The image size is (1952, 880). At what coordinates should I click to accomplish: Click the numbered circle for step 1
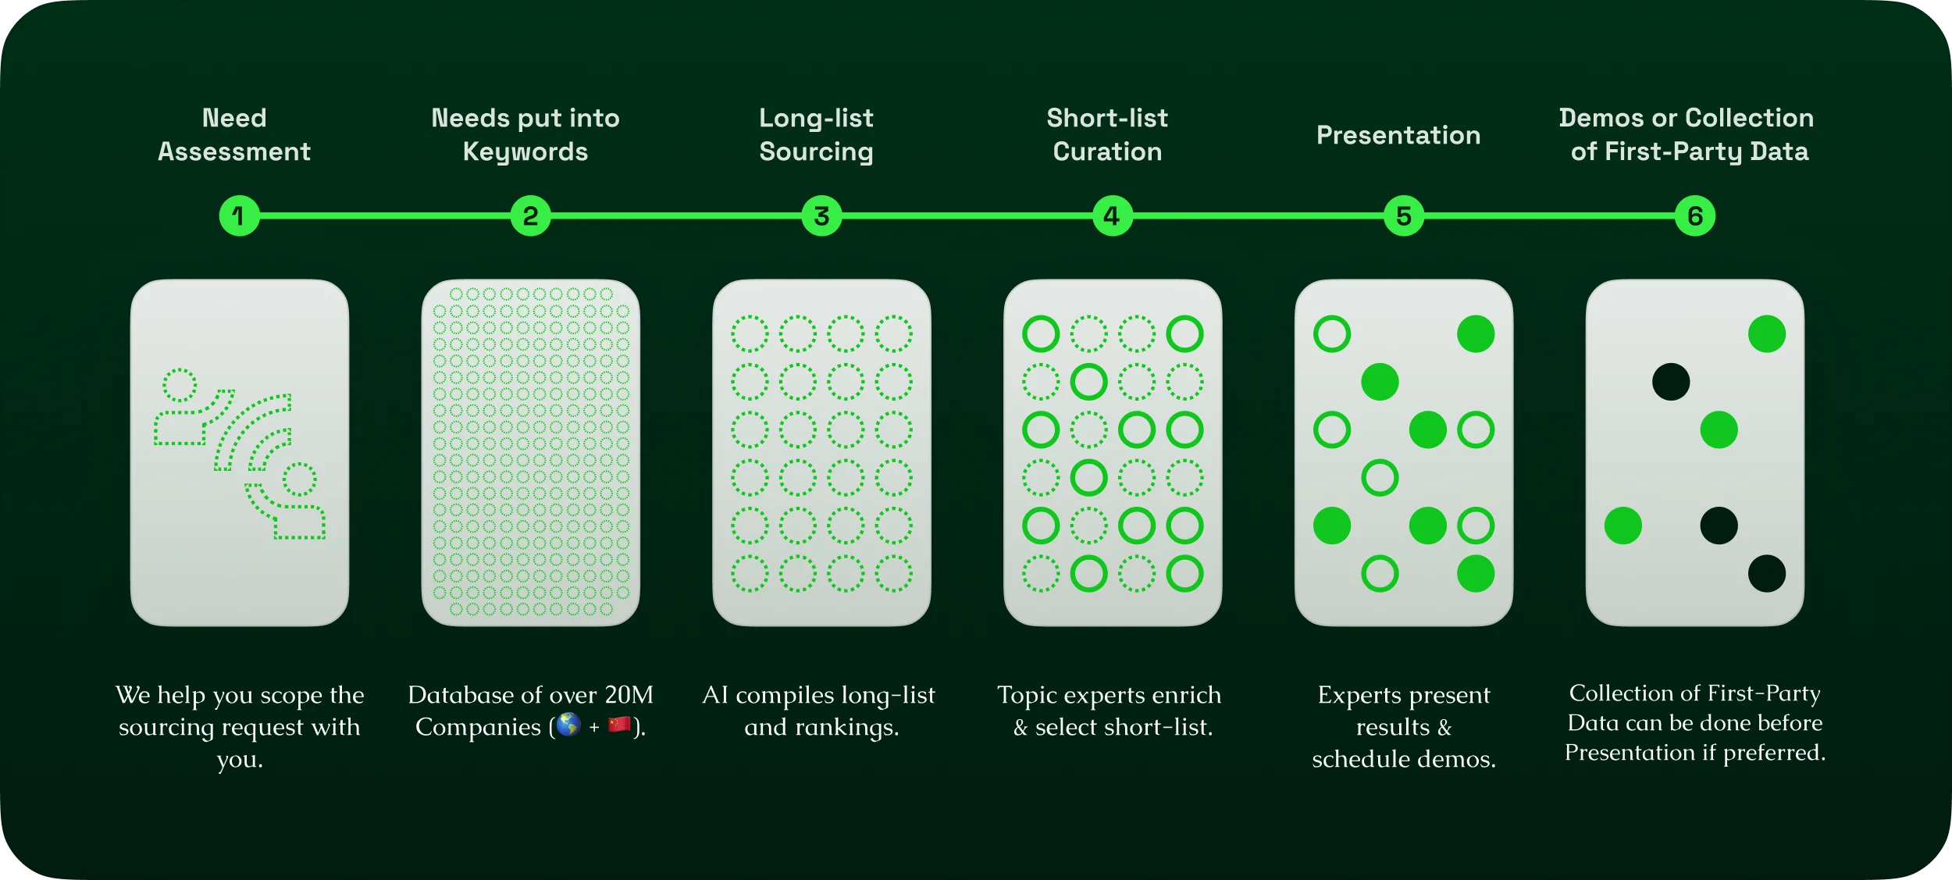pos(239,216)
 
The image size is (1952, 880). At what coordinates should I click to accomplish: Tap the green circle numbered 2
pos(530,216)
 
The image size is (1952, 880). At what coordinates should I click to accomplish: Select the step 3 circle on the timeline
pos(821,216)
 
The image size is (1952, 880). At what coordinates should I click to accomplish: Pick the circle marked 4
pos(1112,216)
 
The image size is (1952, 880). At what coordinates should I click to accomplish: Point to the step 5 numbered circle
pos(1403,216)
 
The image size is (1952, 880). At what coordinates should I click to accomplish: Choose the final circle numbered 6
pos(1694,216)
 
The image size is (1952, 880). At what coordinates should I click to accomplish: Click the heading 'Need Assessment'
pos(234,134)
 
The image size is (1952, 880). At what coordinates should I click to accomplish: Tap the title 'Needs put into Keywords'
pos(525,134)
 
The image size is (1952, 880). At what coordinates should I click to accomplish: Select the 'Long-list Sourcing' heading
pos(816,134)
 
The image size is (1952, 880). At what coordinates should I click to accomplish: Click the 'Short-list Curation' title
pos(1107,134)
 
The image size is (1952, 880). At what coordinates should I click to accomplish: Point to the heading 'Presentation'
pos(1398,135)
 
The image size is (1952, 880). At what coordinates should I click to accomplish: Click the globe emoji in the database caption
pos(568,725)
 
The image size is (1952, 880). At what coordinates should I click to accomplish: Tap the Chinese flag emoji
pos(619,725)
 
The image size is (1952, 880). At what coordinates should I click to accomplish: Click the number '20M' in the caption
pos(629,694)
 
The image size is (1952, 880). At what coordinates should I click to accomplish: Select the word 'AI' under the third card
pos(714,694)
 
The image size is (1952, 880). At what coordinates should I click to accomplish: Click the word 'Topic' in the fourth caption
pos(1023,694)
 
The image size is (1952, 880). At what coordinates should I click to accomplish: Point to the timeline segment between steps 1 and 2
pos(384,216)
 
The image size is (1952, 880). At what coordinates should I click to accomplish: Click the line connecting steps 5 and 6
pos(1549,216)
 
